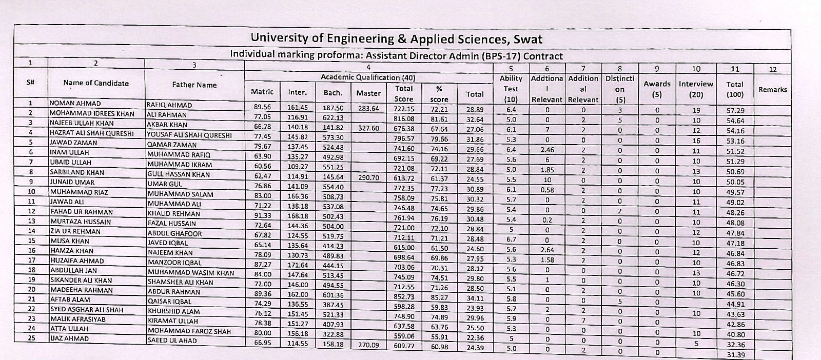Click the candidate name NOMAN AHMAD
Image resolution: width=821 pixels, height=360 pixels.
(75, 103)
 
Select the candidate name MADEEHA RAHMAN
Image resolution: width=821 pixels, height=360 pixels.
(81, 290)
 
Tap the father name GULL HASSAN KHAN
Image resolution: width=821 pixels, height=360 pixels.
(178, 175)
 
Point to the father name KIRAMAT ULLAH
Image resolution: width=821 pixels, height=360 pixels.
(172, 321)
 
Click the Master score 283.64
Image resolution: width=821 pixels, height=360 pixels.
(368, 109)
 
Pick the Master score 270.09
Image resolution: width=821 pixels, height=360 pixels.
(368, 345)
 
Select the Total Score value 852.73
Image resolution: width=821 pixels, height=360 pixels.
(403, 297)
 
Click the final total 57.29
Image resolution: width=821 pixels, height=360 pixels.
(736, 111)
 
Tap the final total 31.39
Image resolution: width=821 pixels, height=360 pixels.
(736, 355)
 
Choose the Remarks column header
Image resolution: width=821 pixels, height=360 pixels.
(772, 89)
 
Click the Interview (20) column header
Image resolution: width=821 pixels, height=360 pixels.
(696, 88)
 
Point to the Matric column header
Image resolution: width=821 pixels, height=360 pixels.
(262, 92)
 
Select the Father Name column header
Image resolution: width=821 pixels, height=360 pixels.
(194, 85)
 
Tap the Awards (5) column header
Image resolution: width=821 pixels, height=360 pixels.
(657, 88)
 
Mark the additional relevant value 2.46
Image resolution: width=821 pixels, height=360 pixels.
(547, 150)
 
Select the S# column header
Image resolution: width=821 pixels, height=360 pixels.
(31, 82)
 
